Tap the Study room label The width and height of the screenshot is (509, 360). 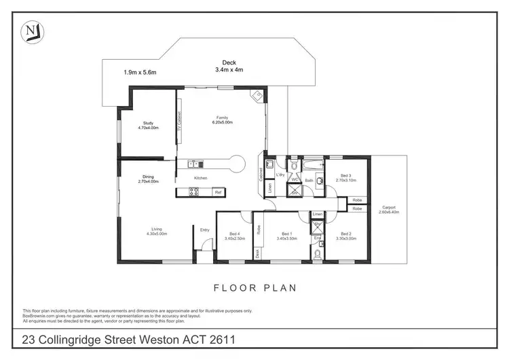[x=147, y=123]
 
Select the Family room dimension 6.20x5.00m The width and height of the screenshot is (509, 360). [x=223, y=123]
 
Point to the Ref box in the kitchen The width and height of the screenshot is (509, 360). [x=218, y=193]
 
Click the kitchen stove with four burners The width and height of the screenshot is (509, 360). [x=193, y=193]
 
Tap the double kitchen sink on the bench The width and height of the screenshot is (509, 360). [x=194, y=163]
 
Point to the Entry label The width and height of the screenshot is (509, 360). [x=204, y=230]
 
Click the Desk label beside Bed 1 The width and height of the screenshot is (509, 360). [x=257, y=253]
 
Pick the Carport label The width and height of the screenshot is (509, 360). [x=389, y=207]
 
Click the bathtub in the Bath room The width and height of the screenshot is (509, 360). [x=314, y=165]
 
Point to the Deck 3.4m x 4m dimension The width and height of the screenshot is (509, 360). [x=229, y=69]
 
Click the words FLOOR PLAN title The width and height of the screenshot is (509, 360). [x=255, y=288]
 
